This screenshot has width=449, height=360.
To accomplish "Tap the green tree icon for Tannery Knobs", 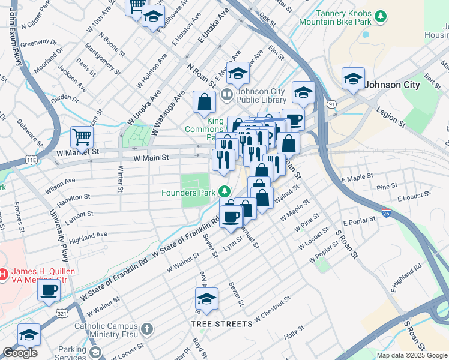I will (380, 16).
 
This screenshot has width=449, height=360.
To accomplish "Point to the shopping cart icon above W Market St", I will (82, 136).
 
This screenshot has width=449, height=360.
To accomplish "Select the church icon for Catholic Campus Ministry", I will (146, 329).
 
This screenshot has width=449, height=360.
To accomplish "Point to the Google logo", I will (20, 353).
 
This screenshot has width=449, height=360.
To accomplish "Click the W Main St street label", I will (150, 158).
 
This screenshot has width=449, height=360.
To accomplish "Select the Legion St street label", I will (390, 116).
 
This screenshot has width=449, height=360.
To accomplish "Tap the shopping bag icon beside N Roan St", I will (204, 103).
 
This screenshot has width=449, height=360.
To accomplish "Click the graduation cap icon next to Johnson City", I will (353, 79).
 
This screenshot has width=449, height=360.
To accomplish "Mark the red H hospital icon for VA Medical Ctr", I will (2, 275).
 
